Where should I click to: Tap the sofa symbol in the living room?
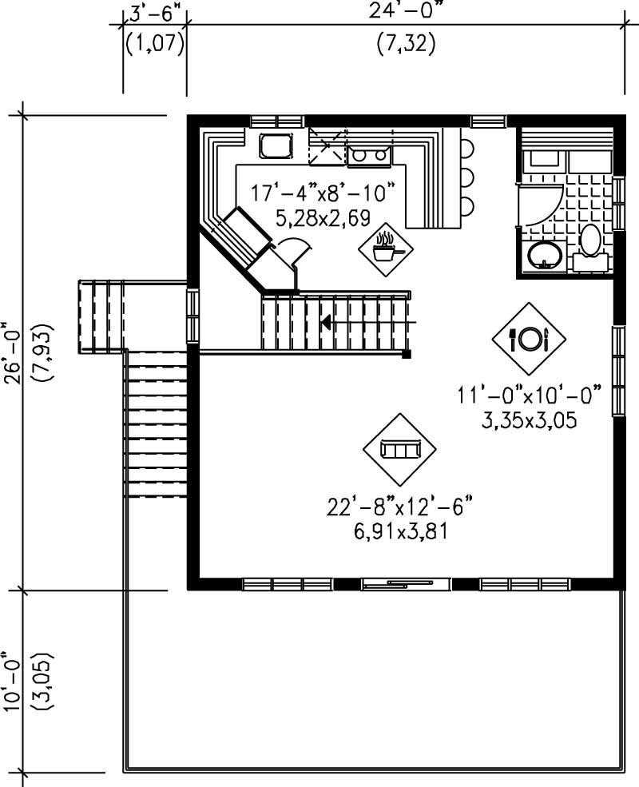click(x=399, y=450)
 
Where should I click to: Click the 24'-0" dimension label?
click(x=406, y=11)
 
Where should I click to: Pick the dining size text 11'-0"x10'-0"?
click(x=529, y=395)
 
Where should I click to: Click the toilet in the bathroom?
click(x=591, y=240)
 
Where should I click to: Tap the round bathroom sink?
click(x=546, y=256)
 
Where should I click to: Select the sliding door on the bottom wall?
click(x=392, y=585)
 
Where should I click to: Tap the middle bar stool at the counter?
click(x=467, y=177)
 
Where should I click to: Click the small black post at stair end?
click(x=407, y=353)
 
